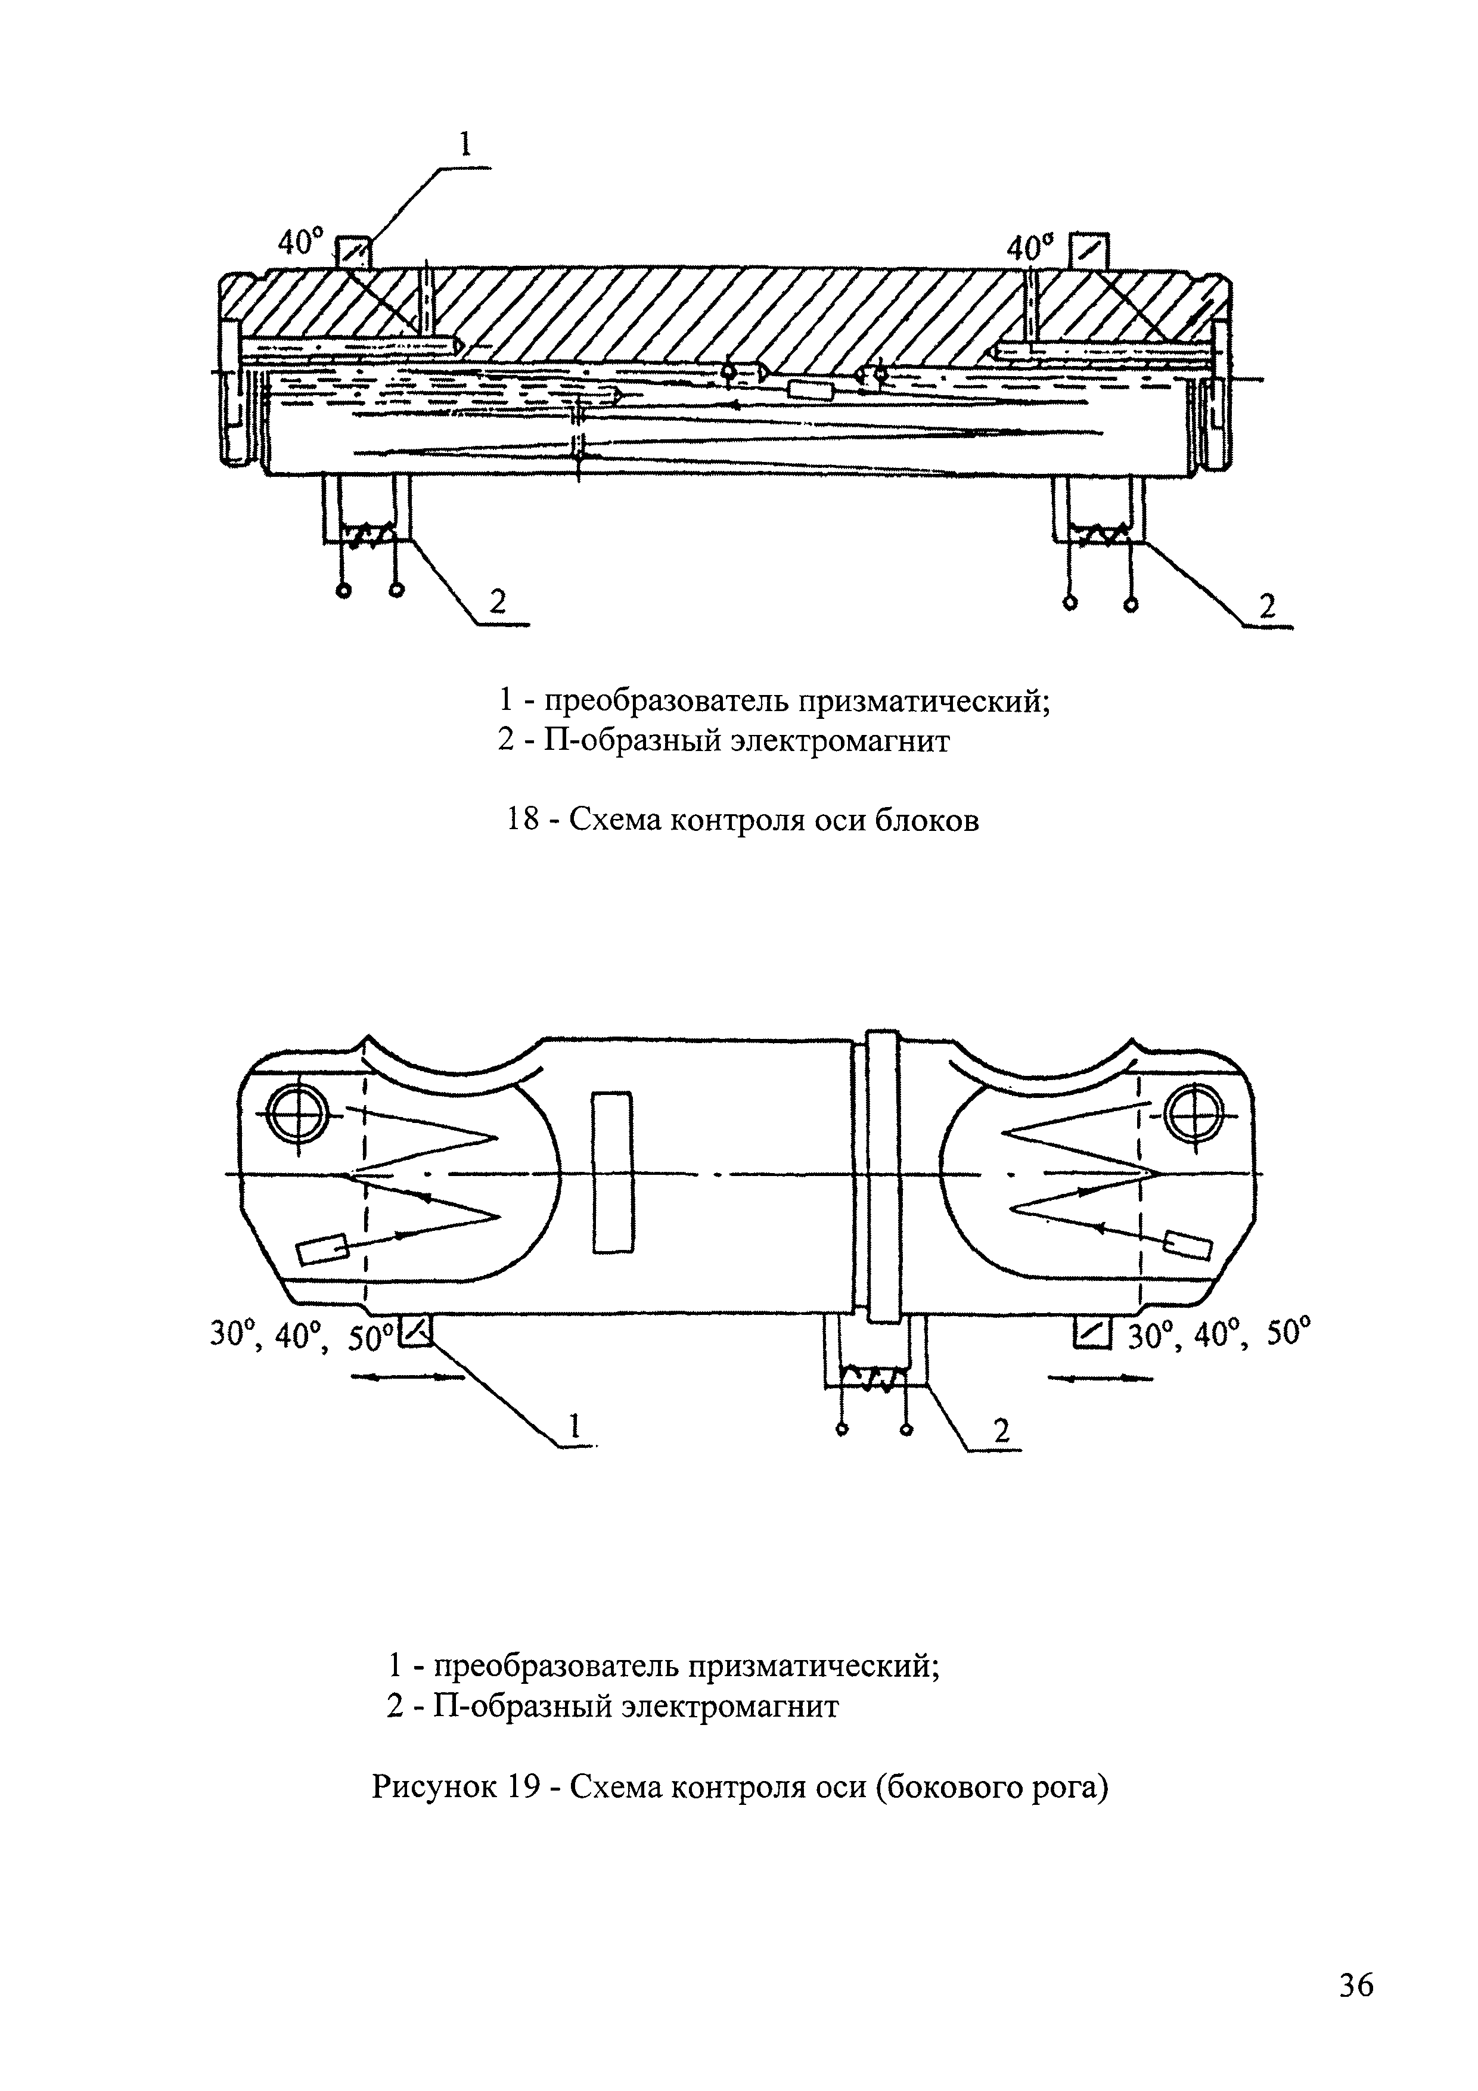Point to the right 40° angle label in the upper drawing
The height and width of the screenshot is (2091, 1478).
[x=1030, y=247]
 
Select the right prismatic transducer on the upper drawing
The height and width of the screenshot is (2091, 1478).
[x=1089, y=252]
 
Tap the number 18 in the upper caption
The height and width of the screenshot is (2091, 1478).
[x=523, y=821]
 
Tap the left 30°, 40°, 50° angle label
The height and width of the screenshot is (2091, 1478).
[x=300, y=1335]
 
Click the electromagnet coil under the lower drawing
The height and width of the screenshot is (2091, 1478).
[x=874, y=1375]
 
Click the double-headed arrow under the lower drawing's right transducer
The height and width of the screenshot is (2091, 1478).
[x=1101, y=1379]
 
